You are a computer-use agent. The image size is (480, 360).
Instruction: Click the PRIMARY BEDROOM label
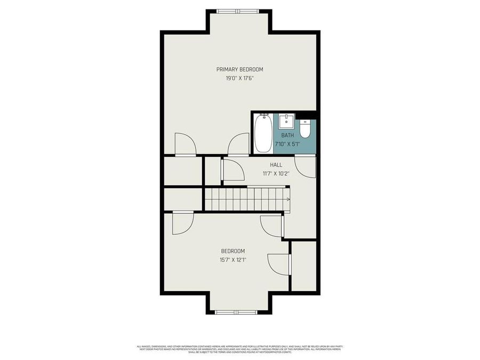(239, 69)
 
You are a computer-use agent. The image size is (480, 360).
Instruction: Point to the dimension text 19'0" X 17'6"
(239, 78)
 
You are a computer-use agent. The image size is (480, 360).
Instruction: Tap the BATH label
(287, 135)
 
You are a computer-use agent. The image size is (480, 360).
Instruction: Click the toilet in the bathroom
(305, 129)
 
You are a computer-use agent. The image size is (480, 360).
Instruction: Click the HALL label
(276, 165)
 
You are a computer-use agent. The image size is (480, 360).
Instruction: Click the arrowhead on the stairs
(288, 199)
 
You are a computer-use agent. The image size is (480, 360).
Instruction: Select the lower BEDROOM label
(233, 251)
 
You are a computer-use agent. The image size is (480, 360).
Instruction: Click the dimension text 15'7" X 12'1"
(233, 260)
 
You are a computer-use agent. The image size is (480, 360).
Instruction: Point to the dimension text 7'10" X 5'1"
(287, 144)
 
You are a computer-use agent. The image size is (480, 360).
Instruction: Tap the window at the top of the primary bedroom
(239, 11)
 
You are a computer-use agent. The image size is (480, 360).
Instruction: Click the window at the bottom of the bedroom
(239, 310)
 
